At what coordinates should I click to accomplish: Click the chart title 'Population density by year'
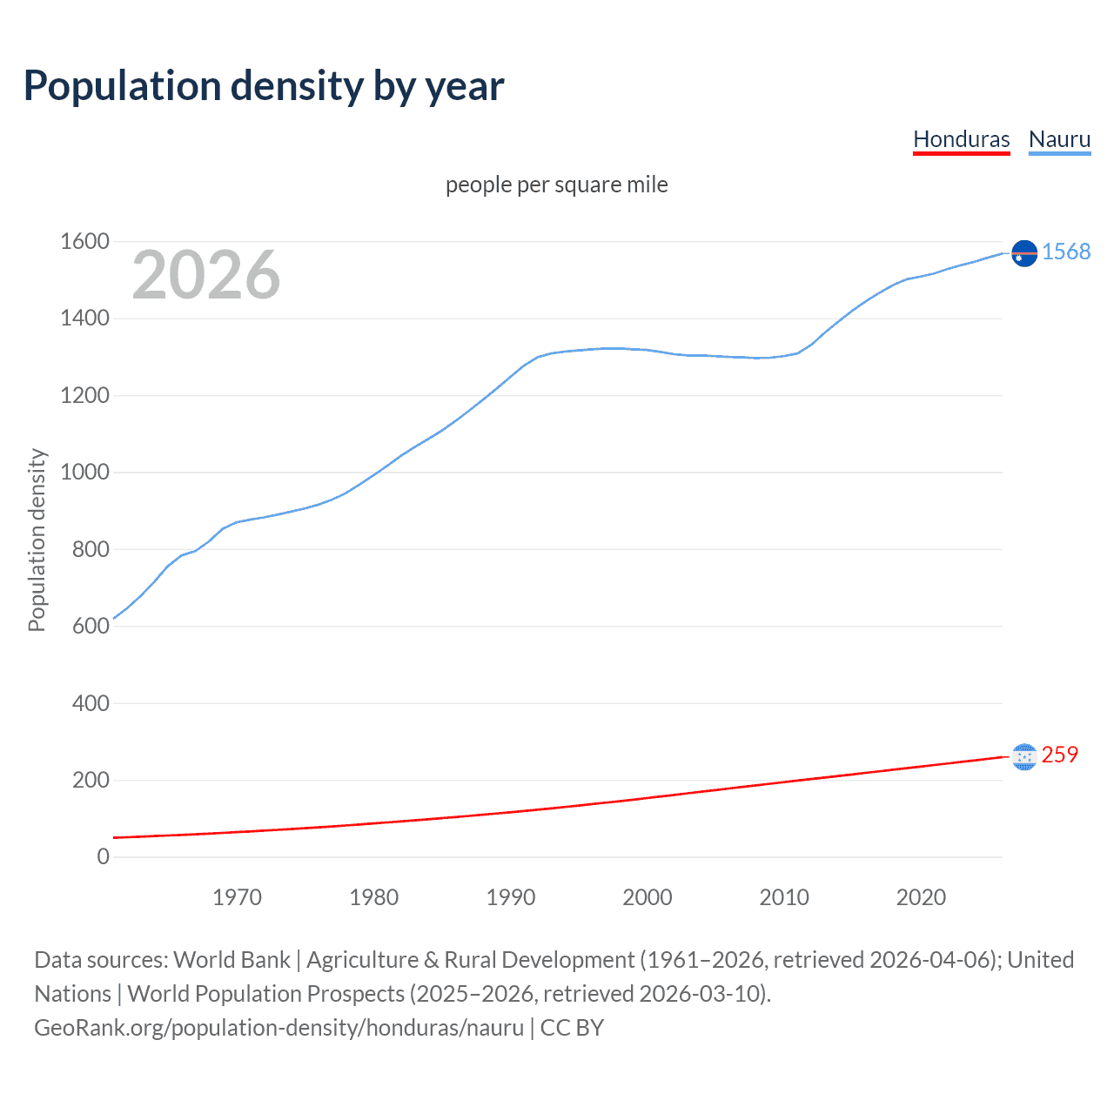pos(264,86)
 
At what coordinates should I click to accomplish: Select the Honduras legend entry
pos(961,139)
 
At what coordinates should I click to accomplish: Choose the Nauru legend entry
pos(1059,139)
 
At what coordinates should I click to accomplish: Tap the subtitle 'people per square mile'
pos(556,185)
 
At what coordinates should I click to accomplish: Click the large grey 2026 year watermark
pos(206,275)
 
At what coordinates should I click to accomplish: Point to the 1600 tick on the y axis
pos(84,241)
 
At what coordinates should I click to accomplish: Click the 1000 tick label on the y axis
pos(84,473)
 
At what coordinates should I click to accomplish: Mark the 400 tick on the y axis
pos(91,703)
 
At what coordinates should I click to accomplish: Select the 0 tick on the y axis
pos(104,856)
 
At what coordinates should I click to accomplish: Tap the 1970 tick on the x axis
pos(237,897)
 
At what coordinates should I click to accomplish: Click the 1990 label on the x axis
pos(511,897)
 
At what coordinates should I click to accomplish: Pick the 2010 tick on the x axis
pos(784,897)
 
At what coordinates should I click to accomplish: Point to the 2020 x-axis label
pos(921,897)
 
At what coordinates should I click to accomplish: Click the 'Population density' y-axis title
pos(37,540)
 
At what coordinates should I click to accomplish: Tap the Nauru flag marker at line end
pos(1024,252)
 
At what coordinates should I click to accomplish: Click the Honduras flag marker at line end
pos(1024,756)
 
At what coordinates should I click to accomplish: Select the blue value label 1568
pos(1066,252)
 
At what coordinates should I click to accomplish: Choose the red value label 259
pos(1059,755)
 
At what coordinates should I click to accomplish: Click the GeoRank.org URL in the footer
pos(278,1028)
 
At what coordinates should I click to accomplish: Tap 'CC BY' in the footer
pos(572,1028)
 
